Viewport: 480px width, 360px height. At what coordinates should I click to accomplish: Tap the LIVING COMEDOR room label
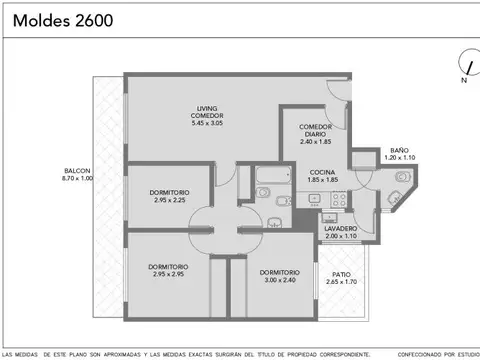point(207,112)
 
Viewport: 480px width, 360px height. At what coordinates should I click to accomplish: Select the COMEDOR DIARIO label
point(314,128)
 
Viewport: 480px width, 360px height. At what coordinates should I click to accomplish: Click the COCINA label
point(322,172)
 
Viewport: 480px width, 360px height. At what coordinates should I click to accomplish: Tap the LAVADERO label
point(341,228)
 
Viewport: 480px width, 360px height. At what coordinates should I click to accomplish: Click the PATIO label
point(341,275)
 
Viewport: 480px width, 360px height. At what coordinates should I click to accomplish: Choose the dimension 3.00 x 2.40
point(279,279)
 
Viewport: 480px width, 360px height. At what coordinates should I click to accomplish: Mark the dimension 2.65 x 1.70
point(341,283)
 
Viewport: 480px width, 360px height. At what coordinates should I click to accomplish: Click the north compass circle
point(463,62)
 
